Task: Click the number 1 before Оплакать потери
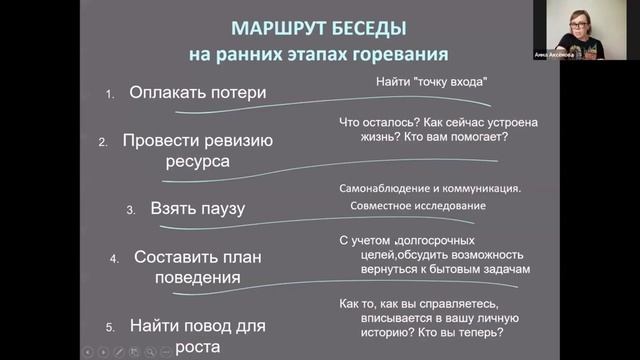click(110, 95)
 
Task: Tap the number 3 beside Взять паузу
click(130, 211)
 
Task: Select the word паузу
click(221, 210)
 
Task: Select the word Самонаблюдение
click(385, 187)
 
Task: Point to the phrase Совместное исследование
click(419, 206)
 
